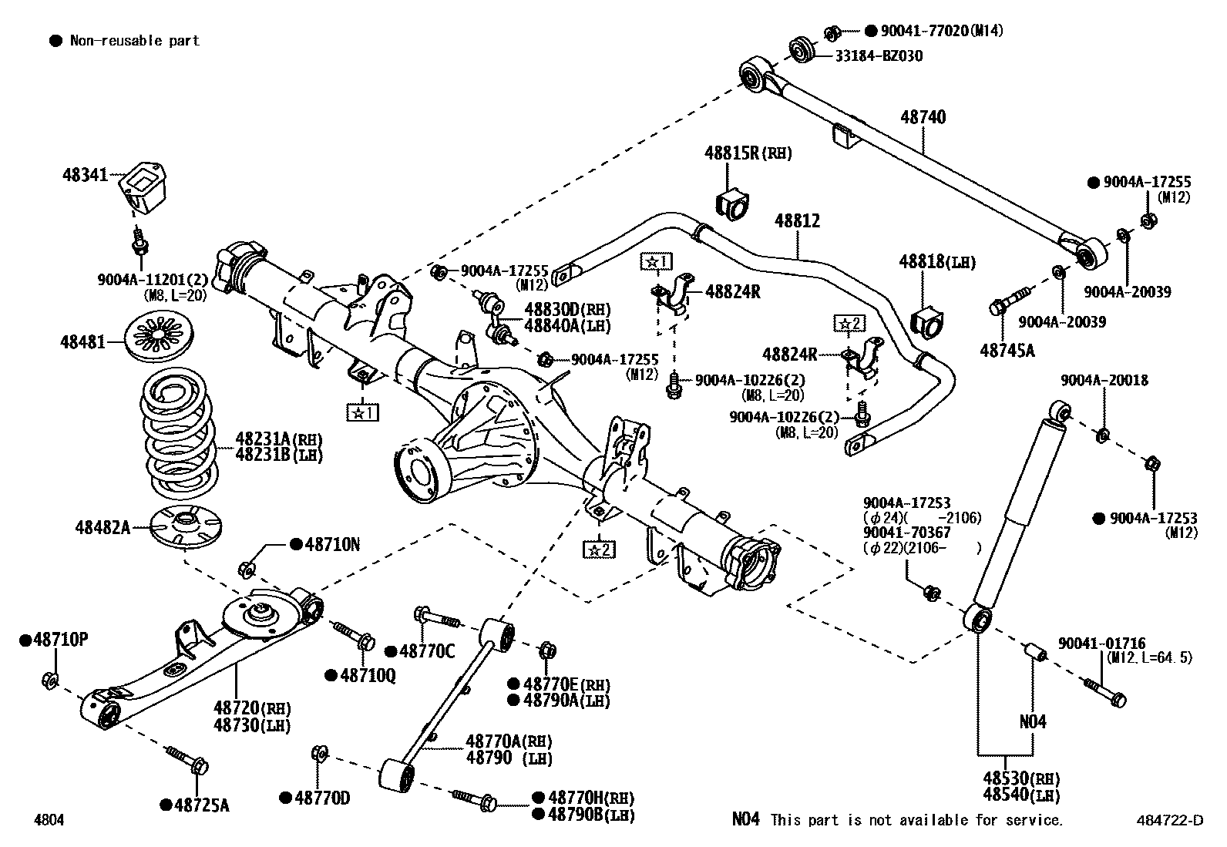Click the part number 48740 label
[x=923, y=117]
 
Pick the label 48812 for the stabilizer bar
[x=797, y=221]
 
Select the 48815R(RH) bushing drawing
[x=732, y=201]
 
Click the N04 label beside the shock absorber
[x=1033, y=721]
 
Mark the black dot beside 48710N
[x=295, y=544]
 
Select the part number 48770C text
[x=428, y=652]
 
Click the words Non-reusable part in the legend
[x=134, y=41]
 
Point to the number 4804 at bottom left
[x=49, y=820]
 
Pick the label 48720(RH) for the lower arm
[x=252, y=708]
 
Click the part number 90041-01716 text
[x=1101, y=644]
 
